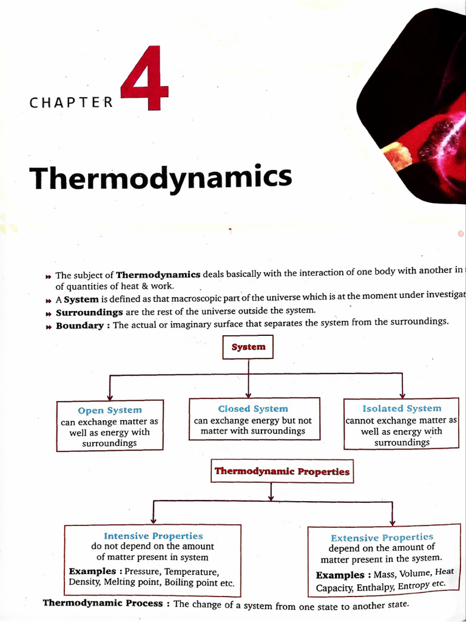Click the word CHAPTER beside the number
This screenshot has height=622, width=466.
[71, 102]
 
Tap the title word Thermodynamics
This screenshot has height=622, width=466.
[161, 177]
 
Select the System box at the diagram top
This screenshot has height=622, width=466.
[248, 347]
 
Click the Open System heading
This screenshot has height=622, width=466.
[110, 411]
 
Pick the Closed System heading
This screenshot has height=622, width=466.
[253, 409]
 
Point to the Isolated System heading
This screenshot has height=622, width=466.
[402, 408]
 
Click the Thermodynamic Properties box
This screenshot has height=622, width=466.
[282, 471]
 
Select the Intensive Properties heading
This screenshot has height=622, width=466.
[153, 536]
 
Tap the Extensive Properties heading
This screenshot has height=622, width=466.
[382, 538]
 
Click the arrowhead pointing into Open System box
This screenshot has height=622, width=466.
[109, 396]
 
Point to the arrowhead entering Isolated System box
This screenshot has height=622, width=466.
[402, 395]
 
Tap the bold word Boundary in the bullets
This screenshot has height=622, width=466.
[79, 326]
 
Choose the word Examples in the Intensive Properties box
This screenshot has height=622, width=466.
[92, 572]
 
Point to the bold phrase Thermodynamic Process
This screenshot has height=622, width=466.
[103, 603]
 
